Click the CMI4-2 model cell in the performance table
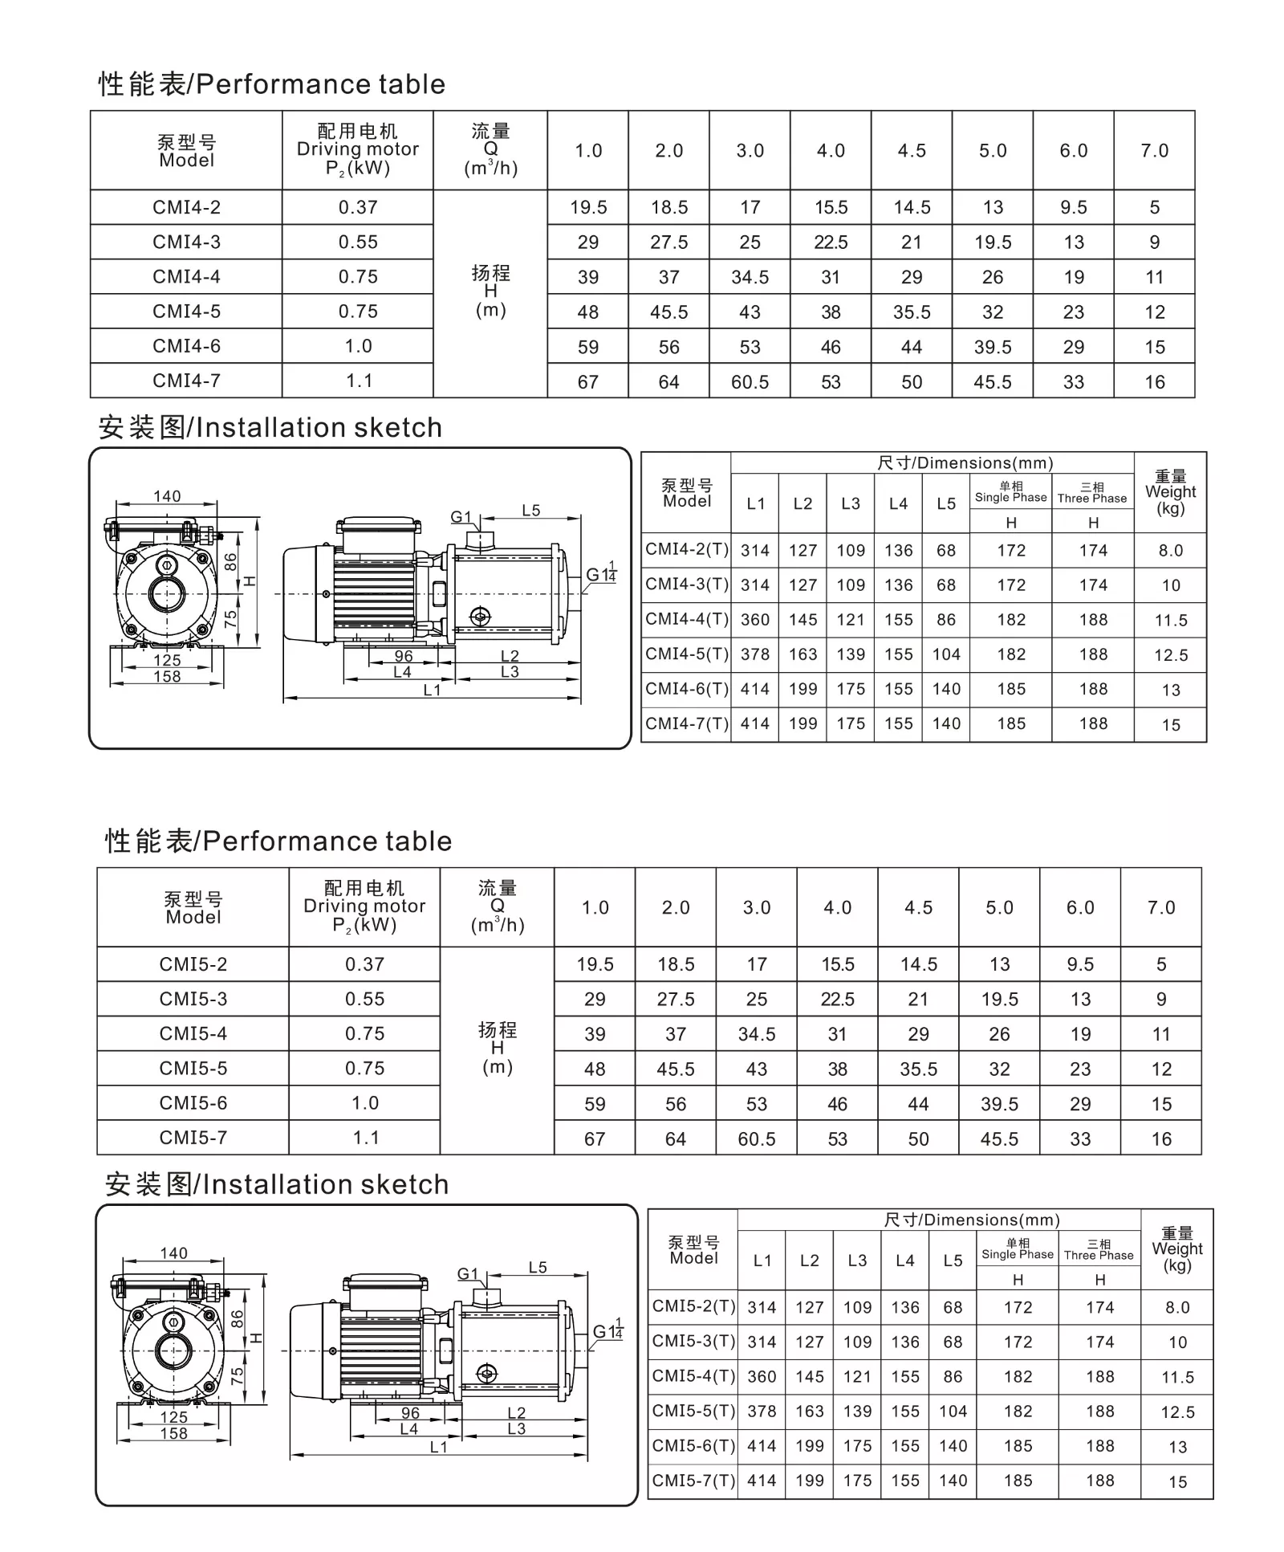(186, 207)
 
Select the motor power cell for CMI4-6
(358, 346)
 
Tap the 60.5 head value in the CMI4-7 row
(750, 382)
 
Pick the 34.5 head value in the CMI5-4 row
(756, 1034)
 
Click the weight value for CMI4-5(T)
(1170, 655)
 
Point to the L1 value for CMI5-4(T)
(762, 1377)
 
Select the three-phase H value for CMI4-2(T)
(1093, 551)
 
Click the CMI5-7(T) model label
(693, 1481)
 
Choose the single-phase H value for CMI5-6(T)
(1018, 1446)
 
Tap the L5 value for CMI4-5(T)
(946, 654)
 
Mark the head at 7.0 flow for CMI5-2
(1161, 964)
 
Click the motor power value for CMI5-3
(364, 999)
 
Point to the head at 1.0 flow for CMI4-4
(588, 277)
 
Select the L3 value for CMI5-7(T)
(857, 1481)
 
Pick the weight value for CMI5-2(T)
(1177, 1308)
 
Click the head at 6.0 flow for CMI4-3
(1074, 242)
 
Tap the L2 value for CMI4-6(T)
(802, 689)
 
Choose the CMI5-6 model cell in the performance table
(193, 1103)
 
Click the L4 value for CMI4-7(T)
(899, 723)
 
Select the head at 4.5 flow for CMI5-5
(918, 1069)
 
